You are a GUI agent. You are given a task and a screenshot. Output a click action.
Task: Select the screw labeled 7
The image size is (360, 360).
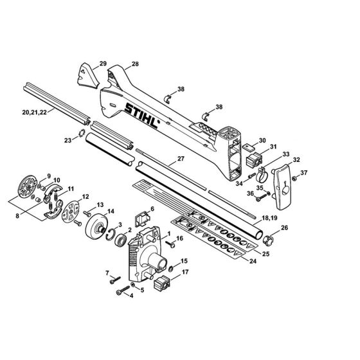tap(115, 280)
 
